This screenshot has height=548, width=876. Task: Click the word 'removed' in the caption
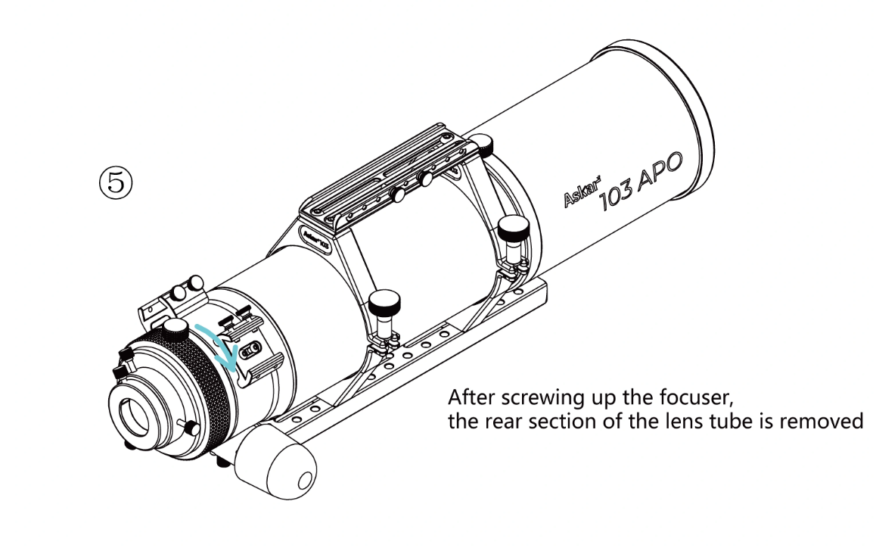tap(827, 421)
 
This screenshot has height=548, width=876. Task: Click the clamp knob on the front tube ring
tap(513, 226)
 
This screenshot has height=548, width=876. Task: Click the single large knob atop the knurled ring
tap(176, 327)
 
